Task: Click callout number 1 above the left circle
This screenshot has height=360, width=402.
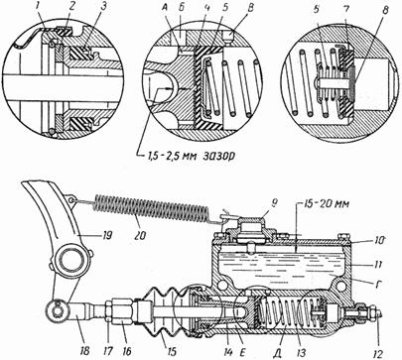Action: click(x=39, y=9)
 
